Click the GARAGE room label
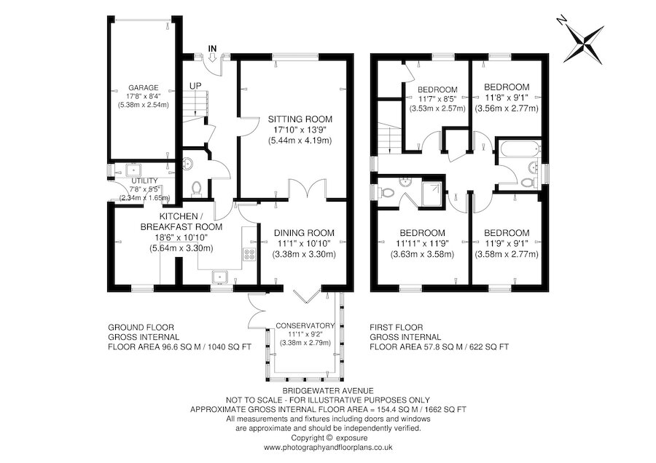pyautogui.click(x=143, y=88)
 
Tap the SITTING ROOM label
pyautogui.click(x=300, y=119)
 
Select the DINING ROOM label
pyautogui.click(x=304, y=233)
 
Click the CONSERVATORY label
pyautogui.click(x=305, y=325)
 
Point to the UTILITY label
pyautogui.click(x=144, y=181)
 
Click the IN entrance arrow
pyautogui.click(x=212, y=58)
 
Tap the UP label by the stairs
pyautogui.click(x=195, y=86)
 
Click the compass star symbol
pyautogui.click(x=585, y=43)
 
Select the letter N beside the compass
pyautogui.click(x=562, y=20)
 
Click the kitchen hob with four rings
pyautogui.click(x=249, y=255)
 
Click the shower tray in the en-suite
pyautogui.click(x=432, y=193)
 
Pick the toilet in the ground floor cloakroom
pyautogui.click(x=196, y=189)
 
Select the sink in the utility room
pyautogui.click(x=133, y=170)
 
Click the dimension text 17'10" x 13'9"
pyautogui.click(x=300, y=130)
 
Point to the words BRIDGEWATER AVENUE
pyautogui.click(x=328, y=391)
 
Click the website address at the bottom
pyautogui.click(x=328, y=447)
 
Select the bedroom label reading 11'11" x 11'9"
pyautogui.click(x=422, y=244)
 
